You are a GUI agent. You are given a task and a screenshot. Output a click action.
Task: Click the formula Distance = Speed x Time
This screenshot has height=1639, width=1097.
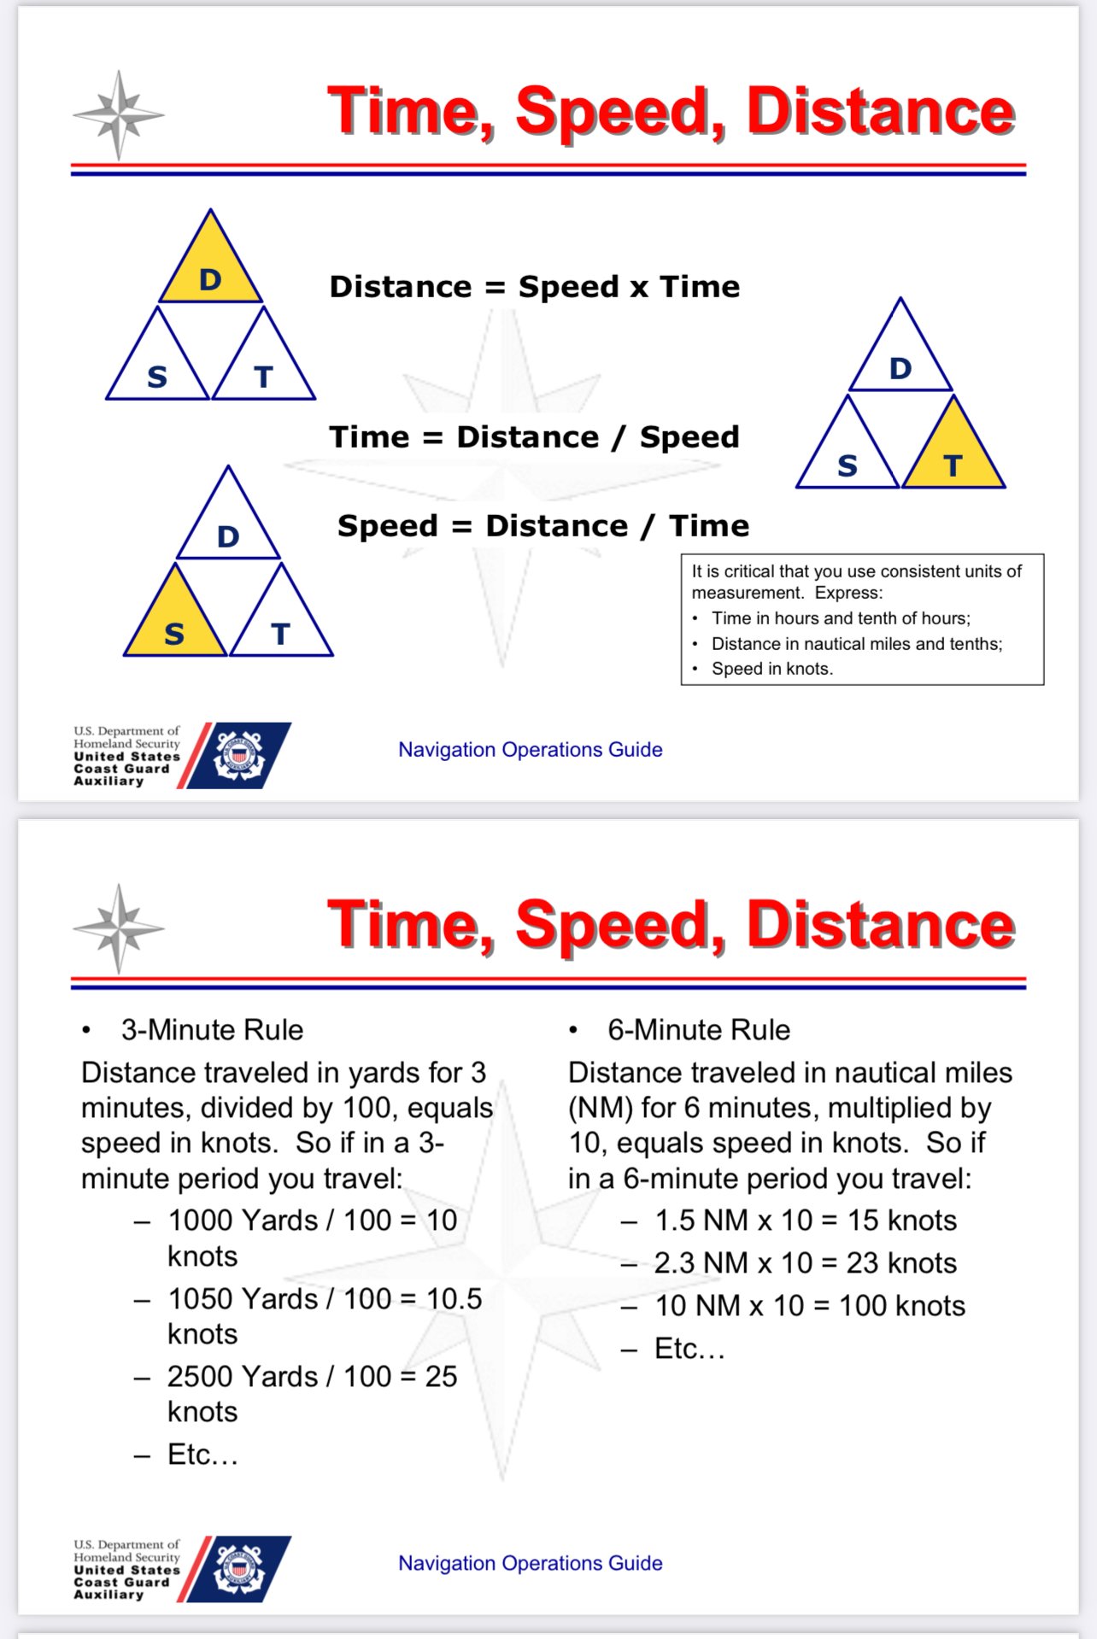point(535,287)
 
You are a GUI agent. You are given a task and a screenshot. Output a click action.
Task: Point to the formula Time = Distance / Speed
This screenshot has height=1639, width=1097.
point(535,437)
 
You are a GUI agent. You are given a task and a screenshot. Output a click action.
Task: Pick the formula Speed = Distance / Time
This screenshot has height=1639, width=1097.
point(543,526)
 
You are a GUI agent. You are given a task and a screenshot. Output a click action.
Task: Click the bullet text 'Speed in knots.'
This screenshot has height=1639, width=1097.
point(771,669)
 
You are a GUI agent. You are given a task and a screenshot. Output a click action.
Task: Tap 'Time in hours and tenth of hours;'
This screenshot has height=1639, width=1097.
point(841,618)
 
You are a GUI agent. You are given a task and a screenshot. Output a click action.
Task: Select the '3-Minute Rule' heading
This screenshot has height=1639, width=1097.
point(212,1030)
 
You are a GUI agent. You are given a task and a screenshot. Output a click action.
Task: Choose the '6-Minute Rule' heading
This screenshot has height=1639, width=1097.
point(699,1030)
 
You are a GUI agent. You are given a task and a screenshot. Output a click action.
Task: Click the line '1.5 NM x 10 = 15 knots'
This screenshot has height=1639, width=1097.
point(805,1220)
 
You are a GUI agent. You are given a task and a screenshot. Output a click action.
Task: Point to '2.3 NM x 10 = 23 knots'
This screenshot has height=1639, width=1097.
point(805,1263)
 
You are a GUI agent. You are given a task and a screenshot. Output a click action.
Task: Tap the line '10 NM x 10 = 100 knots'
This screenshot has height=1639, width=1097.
point(809,1306)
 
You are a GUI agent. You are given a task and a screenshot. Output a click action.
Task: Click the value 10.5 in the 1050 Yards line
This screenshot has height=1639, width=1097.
point(454,1299)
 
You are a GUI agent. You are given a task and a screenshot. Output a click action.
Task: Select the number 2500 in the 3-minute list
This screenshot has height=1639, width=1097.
point(199,1377)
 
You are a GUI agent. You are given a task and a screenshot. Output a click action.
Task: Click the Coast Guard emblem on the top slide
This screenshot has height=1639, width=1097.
point(239,755)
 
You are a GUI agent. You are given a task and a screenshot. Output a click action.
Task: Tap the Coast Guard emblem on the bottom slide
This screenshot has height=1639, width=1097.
point(239,1568)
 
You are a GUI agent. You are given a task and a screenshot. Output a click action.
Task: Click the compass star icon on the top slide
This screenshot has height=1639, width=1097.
point(119,114)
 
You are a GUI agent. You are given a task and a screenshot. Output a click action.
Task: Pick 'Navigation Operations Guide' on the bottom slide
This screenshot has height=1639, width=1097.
point(530,1563)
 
